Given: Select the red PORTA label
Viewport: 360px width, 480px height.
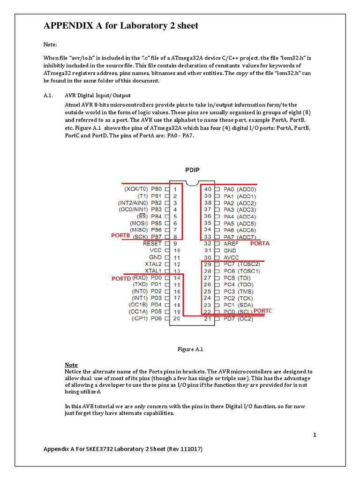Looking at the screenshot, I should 260,244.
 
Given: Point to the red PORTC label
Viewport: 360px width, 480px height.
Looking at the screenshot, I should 262,311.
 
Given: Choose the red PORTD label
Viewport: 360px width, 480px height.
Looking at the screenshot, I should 120,278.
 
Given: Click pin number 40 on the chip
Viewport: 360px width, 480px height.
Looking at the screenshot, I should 208,189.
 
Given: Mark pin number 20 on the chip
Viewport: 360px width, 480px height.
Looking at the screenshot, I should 177,319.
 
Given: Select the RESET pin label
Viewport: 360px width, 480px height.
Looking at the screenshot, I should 152,244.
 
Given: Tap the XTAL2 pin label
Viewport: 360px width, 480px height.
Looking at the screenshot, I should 153,264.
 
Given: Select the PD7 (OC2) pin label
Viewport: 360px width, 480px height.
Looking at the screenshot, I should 238,319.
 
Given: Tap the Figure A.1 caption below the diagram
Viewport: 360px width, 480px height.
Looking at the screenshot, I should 190,349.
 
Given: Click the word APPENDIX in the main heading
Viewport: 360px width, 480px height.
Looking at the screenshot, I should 67,26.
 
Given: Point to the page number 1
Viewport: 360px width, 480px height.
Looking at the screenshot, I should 315,435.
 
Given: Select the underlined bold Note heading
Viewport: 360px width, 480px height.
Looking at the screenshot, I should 71,365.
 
